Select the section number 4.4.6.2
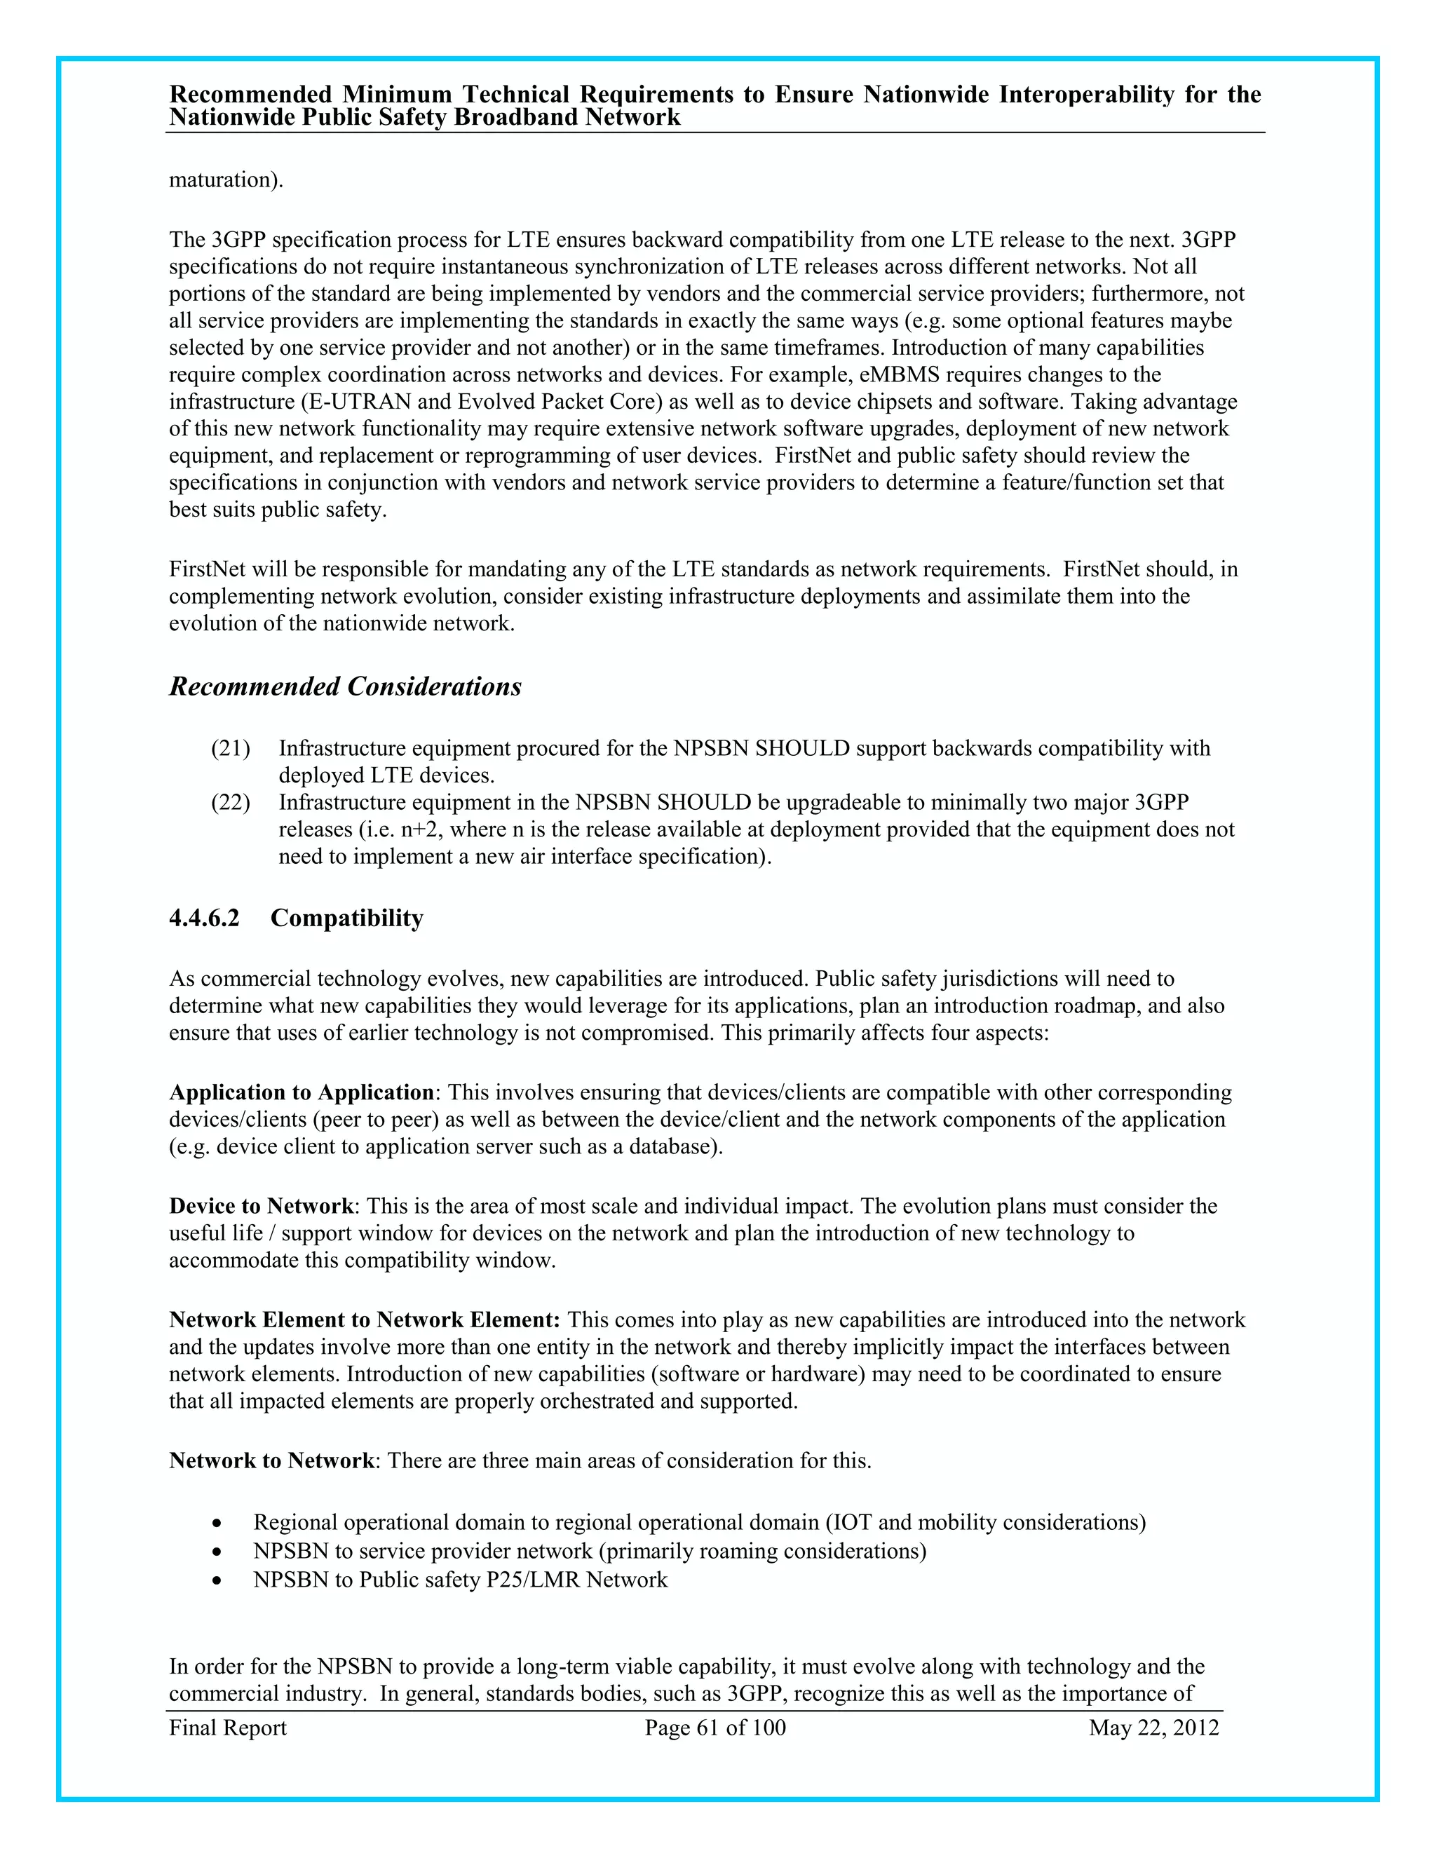204,918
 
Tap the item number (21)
231,749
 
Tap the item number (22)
231,802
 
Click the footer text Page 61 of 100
715,1728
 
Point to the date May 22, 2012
1153,1728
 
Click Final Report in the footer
228,1728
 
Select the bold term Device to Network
261,1207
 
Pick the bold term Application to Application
301,1092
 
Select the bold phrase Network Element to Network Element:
364,1320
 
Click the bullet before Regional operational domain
219,1524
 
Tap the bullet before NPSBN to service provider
219,1552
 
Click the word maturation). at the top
226,180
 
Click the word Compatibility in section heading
346,918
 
